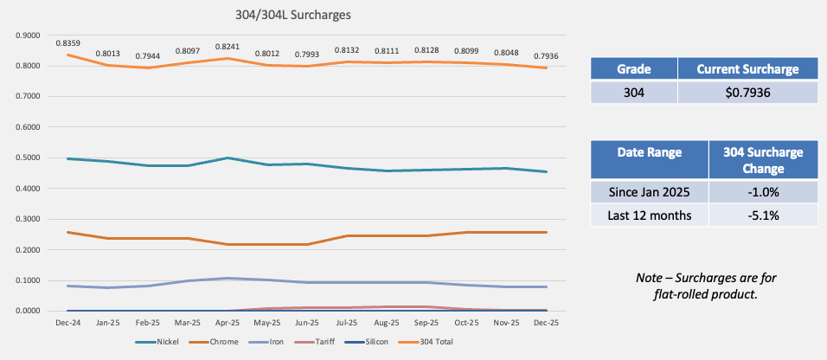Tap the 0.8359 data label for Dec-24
[x=68, y=42]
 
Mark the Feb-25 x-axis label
[x=148, y=321]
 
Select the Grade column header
[x=633, y=69]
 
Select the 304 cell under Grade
[x=633, y=93]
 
